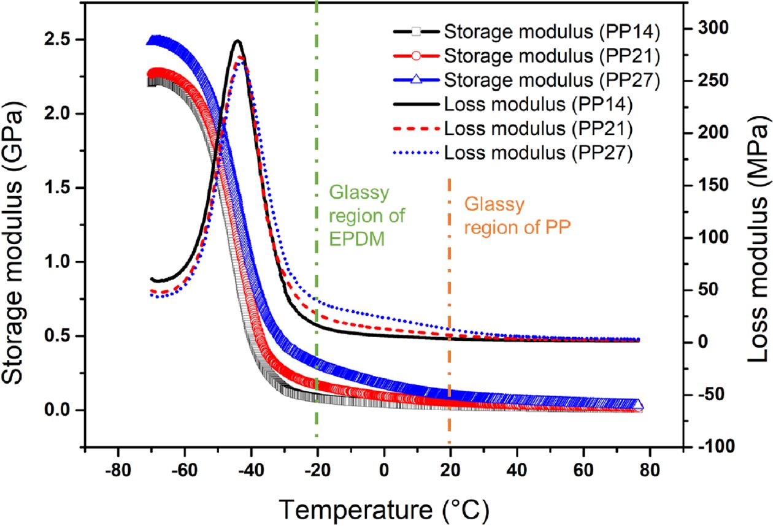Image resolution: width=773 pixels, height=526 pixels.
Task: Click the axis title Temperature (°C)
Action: (385, 508)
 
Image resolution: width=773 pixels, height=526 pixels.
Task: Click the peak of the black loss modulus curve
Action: (237, 41)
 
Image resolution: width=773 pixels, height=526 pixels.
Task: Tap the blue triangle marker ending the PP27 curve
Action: (638, 405)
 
